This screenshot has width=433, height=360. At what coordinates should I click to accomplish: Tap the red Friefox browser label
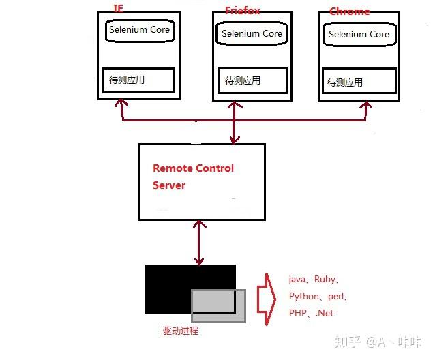(243, 10)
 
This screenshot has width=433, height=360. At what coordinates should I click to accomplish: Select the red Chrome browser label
(349, 11)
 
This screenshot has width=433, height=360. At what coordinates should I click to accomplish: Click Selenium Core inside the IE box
(139, 30)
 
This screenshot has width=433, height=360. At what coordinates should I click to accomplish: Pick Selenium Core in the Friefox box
(251, 33)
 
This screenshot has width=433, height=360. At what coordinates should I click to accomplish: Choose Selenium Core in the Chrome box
(359, 34)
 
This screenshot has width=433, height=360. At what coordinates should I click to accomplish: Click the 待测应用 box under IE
(138, 80)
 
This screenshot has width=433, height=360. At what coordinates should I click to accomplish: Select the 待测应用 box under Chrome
(359, 82)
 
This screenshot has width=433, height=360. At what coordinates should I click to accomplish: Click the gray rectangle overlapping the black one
(218, 305)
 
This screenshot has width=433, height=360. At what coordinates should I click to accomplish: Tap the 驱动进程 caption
(180, 331)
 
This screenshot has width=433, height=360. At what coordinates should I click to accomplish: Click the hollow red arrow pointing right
(265, 296)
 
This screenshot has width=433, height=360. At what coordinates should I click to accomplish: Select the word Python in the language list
(303, 297)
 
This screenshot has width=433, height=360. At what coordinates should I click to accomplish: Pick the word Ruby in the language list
(325, 279)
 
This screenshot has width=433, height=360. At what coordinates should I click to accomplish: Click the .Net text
(325, 313)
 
